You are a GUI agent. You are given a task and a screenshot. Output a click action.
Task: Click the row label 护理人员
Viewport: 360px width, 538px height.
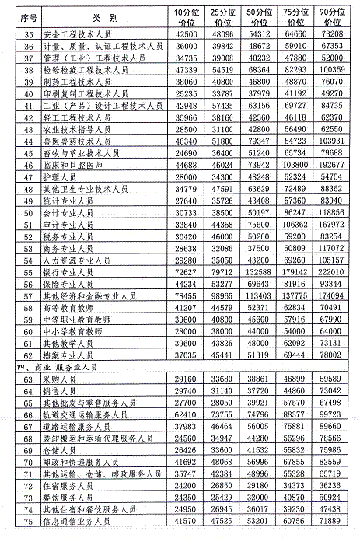click(x=72, y=176)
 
